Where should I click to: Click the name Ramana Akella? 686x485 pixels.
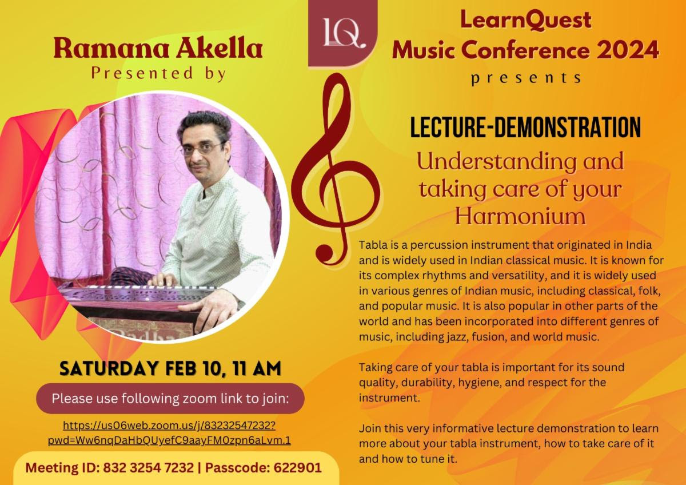(158, 49)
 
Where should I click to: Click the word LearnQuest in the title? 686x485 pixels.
(525, 20)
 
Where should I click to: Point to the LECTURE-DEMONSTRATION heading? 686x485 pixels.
(525, 128)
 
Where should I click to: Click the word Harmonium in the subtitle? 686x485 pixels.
(520, 216)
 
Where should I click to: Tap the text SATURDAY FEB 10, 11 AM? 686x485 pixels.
(170, 368)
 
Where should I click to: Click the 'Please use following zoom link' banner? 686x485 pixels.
(170, 398)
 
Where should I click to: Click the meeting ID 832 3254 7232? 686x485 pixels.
(148, 468)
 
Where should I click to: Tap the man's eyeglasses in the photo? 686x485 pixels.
(203, 148)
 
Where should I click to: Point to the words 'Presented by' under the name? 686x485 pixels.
(158, 74)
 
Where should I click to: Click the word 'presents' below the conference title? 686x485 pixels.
(525, 78)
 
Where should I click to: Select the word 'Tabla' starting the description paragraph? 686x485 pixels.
(371, 245)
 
